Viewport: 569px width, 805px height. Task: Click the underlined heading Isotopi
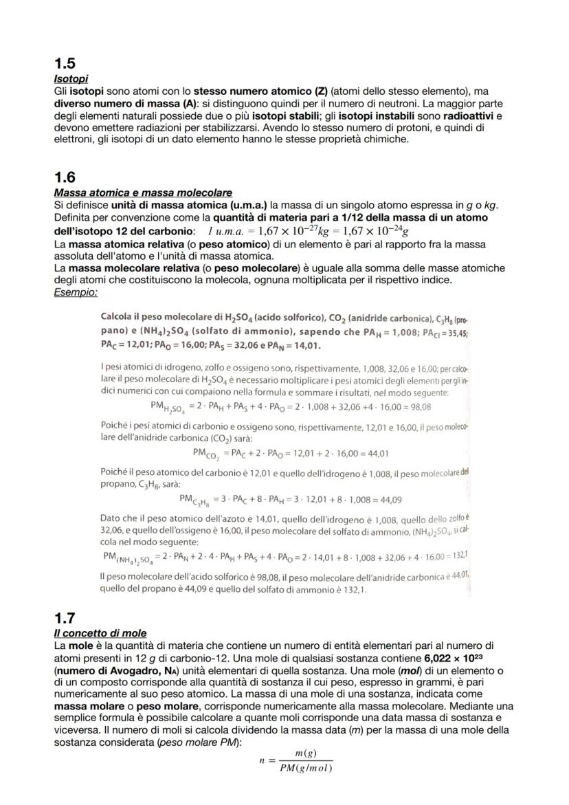[70, 80]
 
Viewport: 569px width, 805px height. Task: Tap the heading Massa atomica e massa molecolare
[142, 192]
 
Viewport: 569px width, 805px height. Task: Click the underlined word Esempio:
[76, 292]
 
